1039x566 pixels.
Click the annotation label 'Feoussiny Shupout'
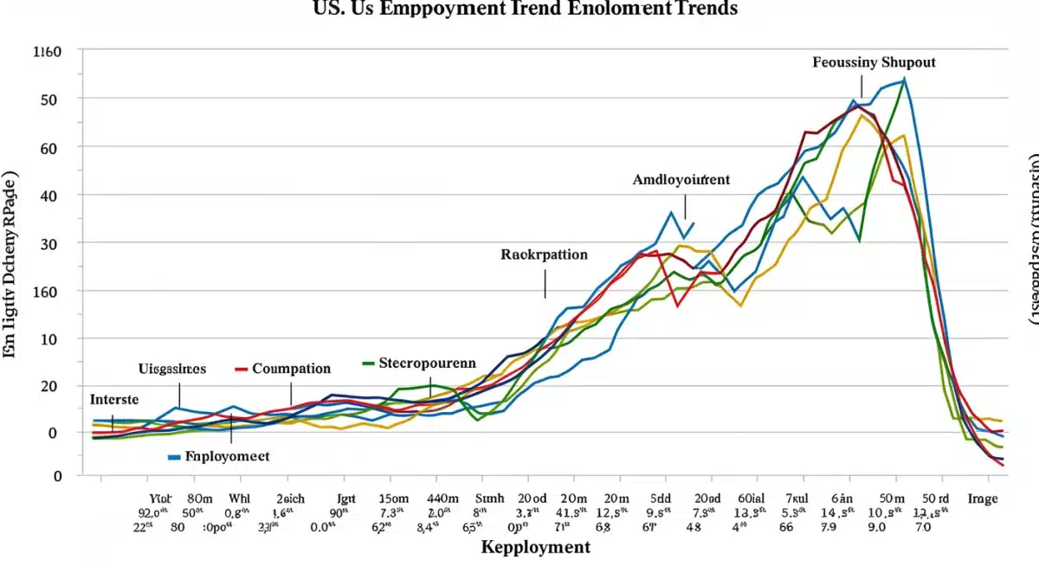874,62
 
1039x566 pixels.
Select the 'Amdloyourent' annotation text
681,180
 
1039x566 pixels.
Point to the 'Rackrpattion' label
544,254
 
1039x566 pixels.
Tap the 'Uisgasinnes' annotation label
172,368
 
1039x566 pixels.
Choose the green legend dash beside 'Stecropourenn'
368,363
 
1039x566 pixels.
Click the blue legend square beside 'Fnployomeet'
174,456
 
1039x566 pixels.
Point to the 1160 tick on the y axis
47,52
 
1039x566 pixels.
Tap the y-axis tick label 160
47,292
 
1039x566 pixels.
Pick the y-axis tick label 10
47,339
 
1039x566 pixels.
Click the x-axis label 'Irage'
982,498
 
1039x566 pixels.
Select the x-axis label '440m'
444,498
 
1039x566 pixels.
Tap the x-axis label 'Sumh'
489,498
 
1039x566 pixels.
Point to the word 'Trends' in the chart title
708,10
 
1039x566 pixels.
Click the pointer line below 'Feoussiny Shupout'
862,86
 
